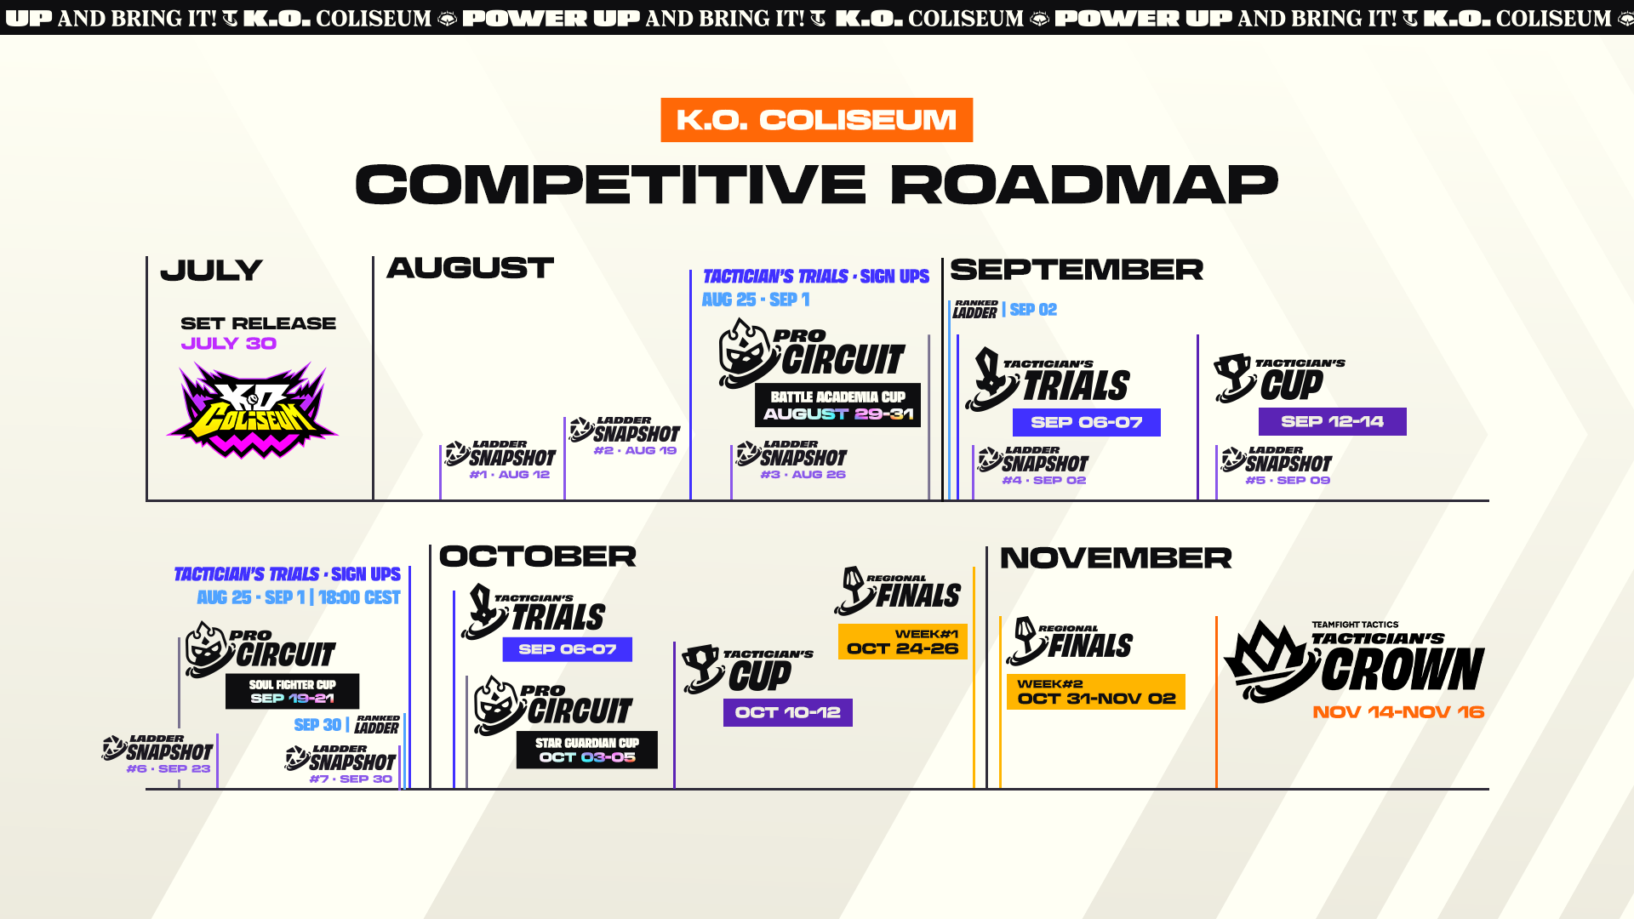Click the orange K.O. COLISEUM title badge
tap(816, 120)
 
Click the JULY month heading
tap(211, 271)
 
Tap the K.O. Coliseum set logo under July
tap(252, 410)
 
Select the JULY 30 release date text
tap(229, 344)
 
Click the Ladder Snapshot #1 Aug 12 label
tap(500, 459)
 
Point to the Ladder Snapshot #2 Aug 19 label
tap(626, 436)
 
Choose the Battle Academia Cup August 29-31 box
tap(837, 405)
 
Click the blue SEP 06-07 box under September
tap(1086, 422)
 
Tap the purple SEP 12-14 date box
tap(1332, 421)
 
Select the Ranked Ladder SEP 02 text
tap(1005, 310)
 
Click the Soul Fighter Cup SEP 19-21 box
tap(292, 691)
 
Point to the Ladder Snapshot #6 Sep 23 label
tap(157, 754)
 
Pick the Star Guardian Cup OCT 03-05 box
tap(586, 750)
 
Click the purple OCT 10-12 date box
tap(787, 712)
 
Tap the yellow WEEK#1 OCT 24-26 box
tap(902, 642)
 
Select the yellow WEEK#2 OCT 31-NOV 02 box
tap(1095, 692)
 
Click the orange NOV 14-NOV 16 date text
tap(1398, 712)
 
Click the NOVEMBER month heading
tap(1116, 558)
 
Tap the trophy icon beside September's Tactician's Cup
tap(1234, 377)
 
